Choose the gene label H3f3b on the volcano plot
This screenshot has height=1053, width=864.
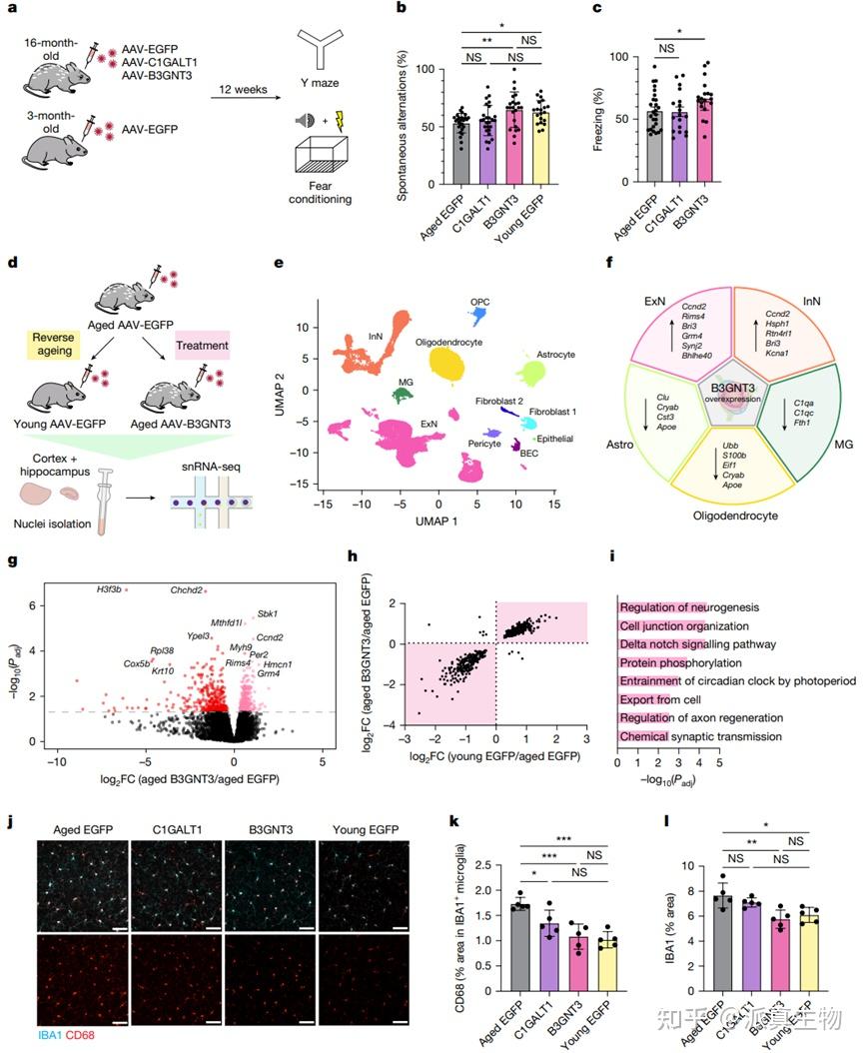tap(109, 589)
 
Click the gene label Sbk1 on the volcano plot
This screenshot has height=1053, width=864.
tap(267, 613)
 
